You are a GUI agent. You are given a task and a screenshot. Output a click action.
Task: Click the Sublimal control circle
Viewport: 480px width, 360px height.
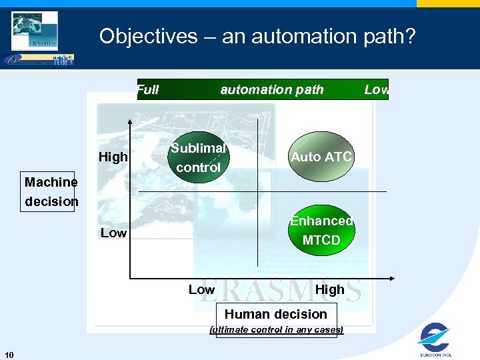pyautogui.click(x=198, y=157)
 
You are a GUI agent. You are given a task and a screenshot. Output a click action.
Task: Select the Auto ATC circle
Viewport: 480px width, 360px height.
pyautogui.click(x=321, y=157)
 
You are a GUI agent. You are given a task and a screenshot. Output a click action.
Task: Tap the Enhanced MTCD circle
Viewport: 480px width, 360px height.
pyautogui.click(x=321, y=230)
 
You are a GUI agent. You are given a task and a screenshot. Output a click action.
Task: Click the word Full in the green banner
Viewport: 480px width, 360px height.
pyautogui.click(x=147, y=90)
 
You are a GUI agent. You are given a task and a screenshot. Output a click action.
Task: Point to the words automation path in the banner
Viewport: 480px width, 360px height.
pyautogui.click(x=271, y=89)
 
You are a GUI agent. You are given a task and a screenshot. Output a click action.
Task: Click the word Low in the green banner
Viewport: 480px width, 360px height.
pyautogui.click(x=376, y=90)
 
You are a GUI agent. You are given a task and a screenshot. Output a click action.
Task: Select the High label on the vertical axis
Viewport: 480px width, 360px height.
pyautogui.click(x=113, y=158)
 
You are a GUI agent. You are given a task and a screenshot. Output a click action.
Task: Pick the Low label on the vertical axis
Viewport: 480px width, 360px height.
pyautogui.click(x=113, y=233)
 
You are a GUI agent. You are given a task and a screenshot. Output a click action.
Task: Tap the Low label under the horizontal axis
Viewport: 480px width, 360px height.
pyautogui.click(x=201, y=289)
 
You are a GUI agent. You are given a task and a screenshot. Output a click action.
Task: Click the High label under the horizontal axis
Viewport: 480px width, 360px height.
pyautogui.click(x=329, y=289)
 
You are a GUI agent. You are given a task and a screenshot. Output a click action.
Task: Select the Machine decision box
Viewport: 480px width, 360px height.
pyautogui.click(x=51, y=191)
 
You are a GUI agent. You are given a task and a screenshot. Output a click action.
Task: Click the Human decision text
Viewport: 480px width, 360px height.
pyautogui.click(x=276, y=314)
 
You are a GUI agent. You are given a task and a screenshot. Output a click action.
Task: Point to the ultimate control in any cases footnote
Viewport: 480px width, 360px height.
pyautogui.click(x=276, y=329)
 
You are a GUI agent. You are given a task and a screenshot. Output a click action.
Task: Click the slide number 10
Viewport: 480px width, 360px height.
pyautogui.click(x=9, y=353)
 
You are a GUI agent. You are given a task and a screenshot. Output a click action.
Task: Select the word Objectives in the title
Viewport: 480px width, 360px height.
pyautogui.click(x=149, y=36)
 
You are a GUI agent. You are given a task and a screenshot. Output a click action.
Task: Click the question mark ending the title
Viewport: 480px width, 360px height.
pyautogui.click(x=409, y=36)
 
